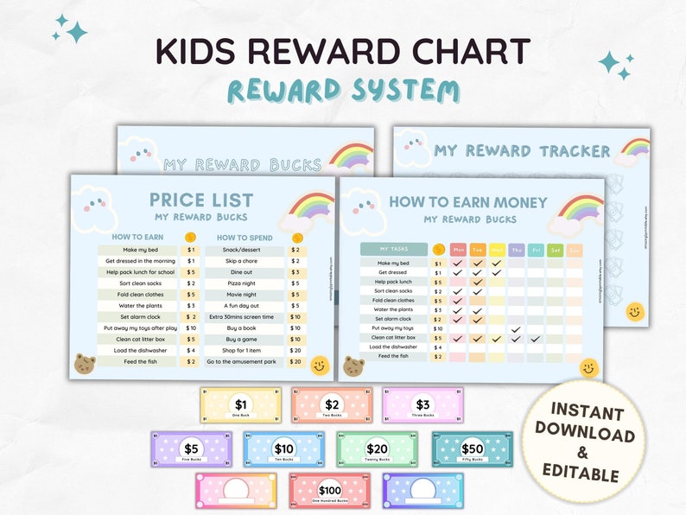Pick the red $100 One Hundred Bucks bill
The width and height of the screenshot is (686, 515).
click(x=330, y=491)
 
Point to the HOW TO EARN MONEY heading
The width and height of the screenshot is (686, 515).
click(x=467, y=202)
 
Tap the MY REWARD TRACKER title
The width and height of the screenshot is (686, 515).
click(x=522, y=151)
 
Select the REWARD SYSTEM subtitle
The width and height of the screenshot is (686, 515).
click(x=343, y=90)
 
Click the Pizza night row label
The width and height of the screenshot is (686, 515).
click(x=242, y=283)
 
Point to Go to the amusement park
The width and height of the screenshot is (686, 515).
click(x=242, y=361)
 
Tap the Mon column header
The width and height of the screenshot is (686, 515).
click(x=459, y=250)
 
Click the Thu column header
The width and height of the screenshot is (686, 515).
click(x=516, y=250)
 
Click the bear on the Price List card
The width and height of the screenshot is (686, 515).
click(x=84, y=364)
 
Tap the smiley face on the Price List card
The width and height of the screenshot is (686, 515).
click(x=319, y=366)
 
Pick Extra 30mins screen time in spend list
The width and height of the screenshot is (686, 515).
click(x=242, y=316)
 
